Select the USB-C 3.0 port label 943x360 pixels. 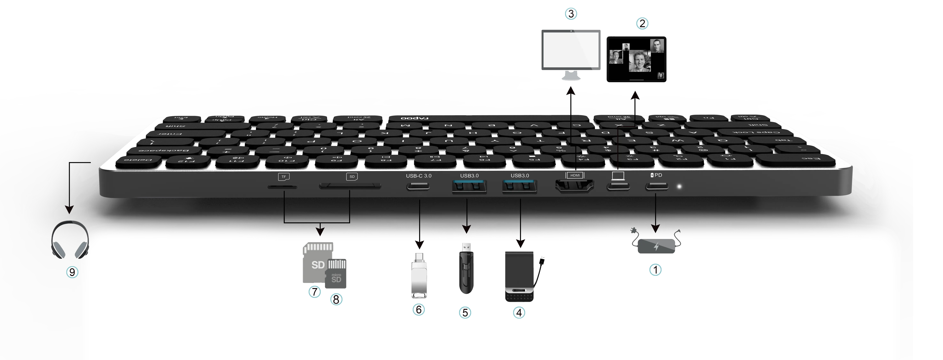tap(418, 176)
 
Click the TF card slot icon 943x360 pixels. tap(283, 176)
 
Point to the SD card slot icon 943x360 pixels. tap(352, 176)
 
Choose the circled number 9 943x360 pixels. tap(72, 272)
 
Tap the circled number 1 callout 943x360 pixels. tap(655, 270)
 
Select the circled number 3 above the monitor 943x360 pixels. tap(571, 14)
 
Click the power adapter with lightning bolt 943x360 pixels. tap(656, 246)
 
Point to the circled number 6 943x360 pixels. tap(419, 309)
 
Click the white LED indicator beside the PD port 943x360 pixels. tap(679, 187)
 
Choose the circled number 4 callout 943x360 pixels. tap(519, 312)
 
